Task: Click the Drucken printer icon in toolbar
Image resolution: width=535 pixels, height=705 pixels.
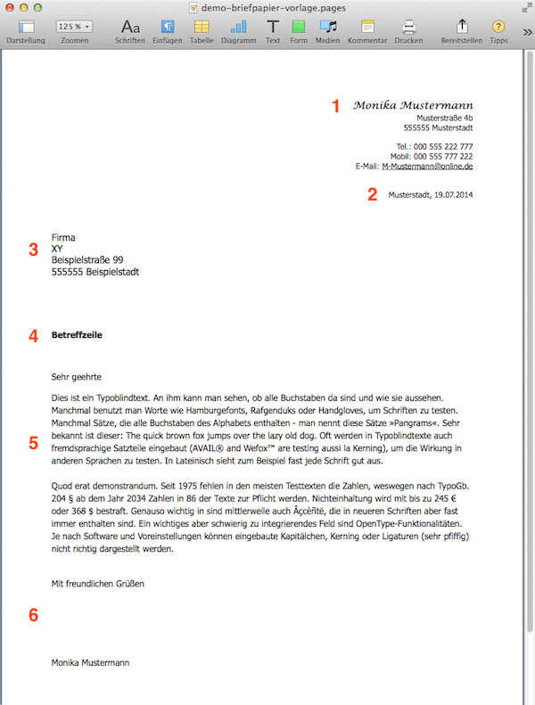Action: (408, 27)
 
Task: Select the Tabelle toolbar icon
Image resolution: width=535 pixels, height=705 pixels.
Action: (202, 27)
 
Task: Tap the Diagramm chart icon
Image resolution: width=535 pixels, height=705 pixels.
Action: (238, 27)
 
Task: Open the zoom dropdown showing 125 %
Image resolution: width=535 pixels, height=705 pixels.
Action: (74, 27)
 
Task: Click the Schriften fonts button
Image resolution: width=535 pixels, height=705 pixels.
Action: (130, 27)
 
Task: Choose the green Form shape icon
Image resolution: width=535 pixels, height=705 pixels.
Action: (299, 27)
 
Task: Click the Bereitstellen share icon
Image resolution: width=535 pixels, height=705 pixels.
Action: (462, 27)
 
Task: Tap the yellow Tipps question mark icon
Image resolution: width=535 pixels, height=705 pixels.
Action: (498, 27)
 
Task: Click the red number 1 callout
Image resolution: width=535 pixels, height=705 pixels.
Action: (337, 106)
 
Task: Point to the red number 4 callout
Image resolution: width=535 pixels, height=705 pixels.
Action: (34, 336)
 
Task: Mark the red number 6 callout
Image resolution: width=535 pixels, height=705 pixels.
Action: (34, 614)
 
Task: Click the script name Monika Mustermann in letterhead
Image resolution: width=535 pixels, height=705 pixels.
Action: (412, 105)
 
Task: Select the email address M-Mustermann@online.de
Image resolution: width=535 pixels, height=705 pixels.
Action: (427, 166)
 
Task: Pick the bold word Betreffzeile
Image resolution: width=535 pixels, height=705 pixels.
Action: (78, 335)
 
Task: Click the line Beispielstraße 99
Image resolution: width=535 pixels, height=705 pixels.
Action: (87, 260)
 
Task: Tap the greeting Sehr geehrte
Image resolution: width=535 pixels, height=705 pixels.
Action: (77, 377)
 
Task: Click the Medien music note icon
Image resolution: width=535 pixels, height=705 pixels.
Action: (328, 27)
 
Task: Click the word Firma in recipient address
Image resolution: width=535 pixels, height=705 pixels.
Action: (63, 237)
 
